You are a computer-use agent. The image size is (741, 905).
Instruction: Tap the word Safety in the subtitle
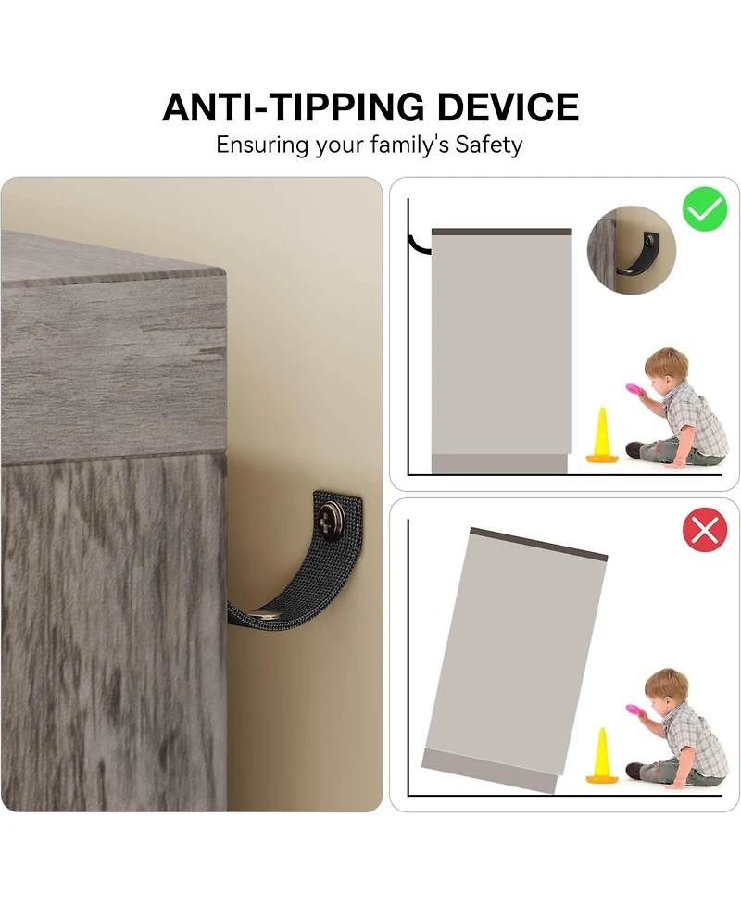tap(489, 145)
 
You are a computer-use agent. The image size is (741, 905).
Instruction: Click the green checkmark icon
tap(705, 209)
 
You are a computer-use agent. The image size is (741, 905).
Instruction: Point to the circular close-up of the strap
tap(631, 250)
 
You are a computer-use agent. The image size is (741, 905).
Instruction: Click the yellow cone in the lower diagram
tap(602, 756)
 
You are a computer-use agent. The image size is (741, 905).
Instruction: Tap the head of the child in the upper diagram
tap(665, 370)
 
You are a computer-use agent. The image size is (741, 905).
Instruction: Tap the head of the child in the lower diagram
tap(665, 690)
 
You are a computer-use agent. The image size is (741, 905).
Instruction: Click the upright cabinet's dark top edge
tap(501, 232)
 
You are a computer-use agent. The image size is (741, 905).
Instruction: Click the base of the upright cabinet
tap(499, 463)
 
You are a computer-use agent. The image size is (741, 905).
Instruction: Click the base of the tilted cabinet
tap(489, 771)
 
